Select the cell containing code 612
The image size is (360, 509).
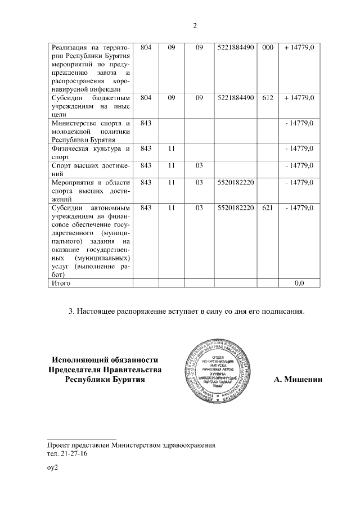(267, 98)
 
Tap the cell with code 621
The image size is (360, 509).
(267, 208)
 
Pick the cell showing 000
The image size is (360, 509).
(267, 48)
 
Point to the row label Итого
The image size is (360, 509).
(61, 283)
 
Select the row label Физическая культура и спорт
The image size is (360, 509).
(91, 153)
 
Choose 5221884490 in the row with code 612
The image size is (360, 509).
(236, 98)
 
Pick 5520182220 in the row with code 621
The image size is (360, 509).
(236, 208)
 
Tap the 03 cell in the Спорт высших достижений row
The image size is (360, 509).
(199, 166)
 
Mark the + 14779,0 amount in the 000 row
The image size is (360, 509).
(299, 48)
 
